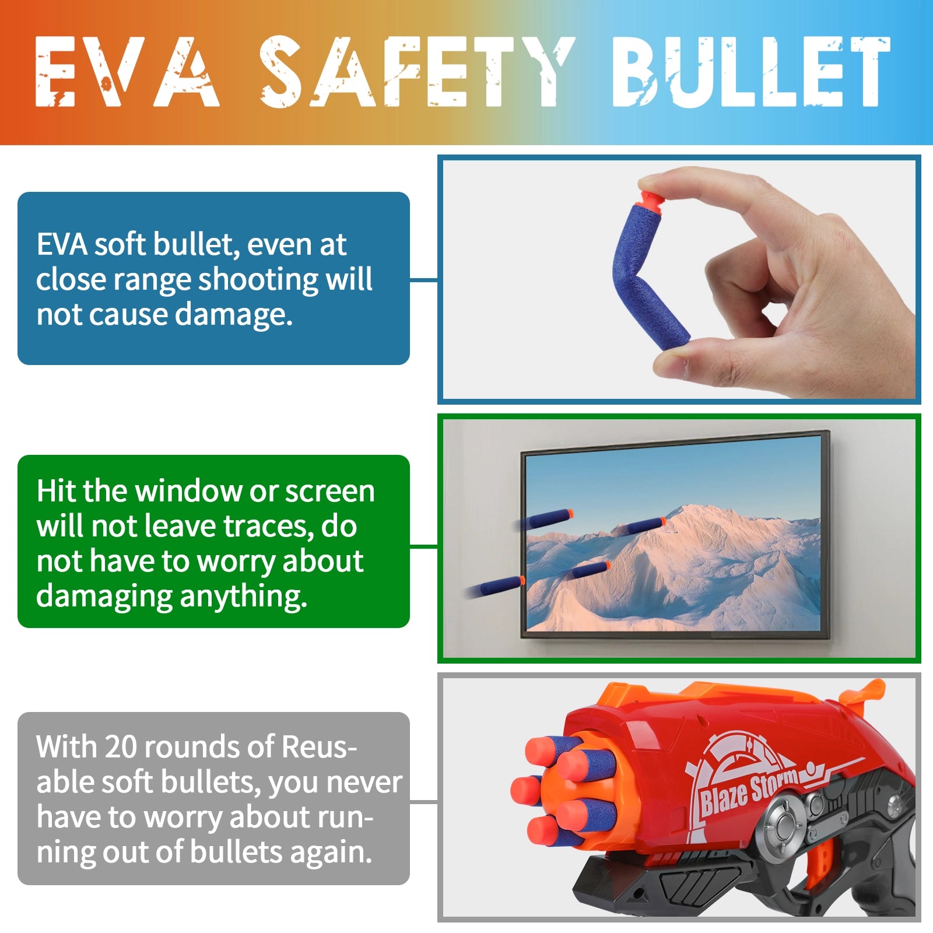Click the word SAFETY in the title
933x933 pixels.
click(418, 72)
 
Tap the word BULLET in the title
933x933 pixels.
click(752, 72)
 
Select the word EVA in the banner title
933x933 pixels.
click(127, 72)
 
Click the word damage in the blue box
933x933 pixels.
click(233, 315)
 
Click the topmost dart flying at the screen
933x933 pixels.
click(545, 519)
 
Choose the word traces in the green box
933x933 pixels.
click(265, 527)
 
